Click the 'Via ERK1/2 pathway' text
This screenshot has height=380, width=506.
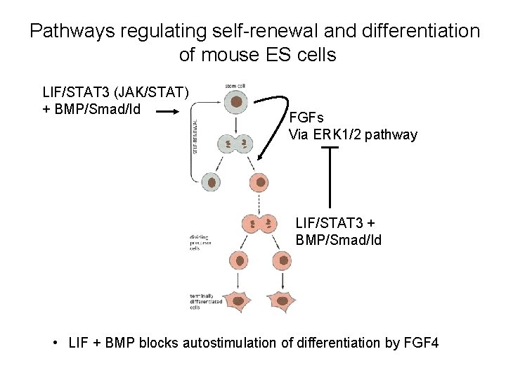[353, 134]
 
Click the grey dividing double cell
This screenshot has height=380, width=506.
[237, 144]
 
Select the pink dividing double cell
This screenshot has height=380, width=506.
[260, 224]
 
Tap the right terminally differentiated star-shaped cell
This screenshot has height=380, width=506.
[283, 300]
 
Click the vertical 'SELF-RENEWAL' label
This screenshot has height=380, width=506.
[195, 134]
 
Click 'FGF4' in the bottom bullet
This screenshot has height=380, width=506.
[422, 343]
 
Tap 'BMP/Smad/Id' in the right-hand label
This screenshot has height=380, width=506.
[339, 239]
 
